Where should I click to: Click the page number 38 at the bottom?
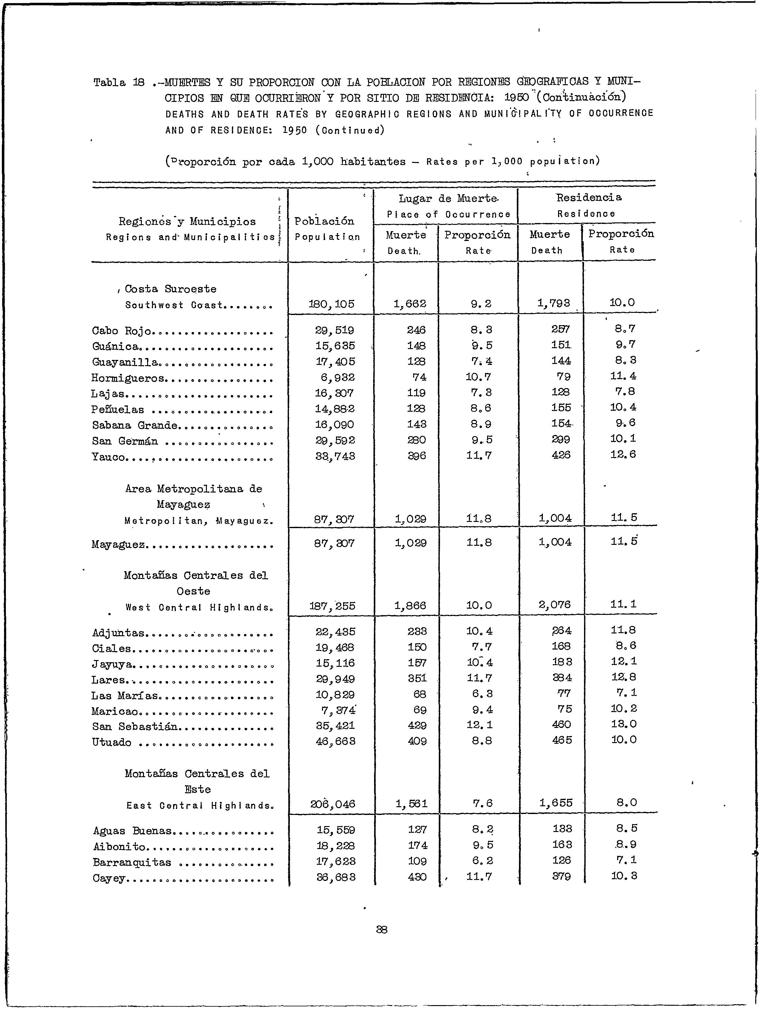[382, 929]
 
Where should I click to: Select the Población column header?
[325, 221]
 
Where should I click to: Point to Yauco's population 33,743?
[335, 456]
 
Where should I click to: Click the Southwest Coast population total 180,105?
[331, 304]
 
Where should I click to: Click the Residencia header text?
[589, 197]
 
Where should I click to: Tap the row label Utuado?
[111, 742]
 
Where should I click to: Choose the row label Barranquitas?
[132, 862]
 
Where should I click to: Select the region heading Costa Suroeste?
[170, 289]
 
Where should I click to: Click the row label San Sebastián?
[134, 726]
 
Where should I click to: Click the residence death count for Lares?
[562, 677]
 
